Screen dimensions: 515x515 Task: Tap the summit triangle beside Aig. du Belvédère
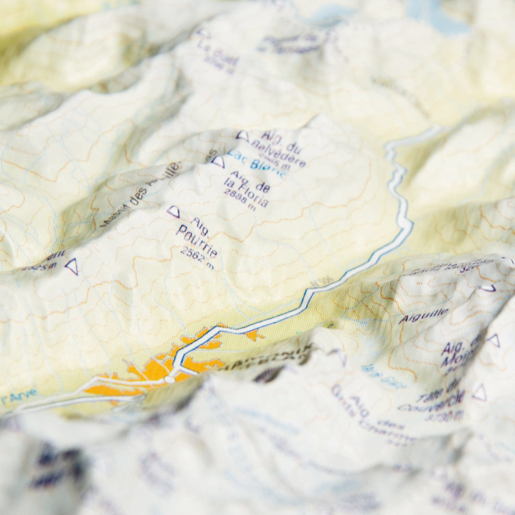tap(242, 136)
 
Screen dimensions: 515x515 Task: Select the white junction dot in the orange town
tap(169, 379)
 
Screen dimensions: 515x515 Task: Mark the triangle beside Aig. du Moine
tap(493, 340)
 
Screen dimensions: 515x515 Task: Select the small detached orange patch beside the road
tap(255, 335)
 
